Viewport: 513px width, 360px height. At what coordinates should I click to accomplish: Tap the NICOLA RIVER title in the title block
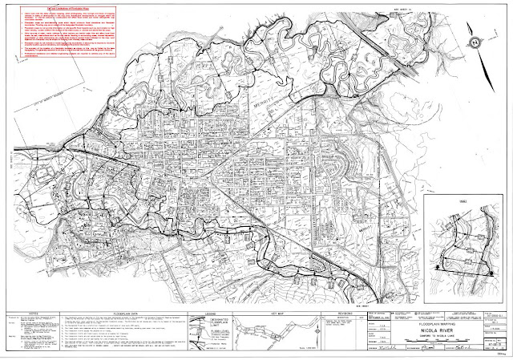click(x=464, y=325)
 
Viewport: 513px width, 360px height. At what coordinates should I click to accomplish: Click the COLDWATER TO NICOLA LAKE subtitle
click(x=464, y=331)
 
